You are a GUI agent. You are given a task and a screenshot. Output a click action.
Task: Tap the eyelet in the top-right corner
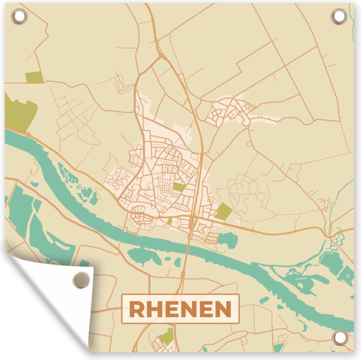coord(339,16)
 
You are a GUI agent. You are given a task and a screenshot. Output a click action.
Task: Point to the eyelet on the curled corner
coord(81,280)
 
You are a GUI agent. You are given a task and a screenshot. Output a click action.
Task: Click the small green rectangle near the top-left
coord(34,77)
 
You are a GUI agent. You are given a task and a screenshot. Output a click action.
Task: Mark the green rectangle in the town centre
coord(179,187)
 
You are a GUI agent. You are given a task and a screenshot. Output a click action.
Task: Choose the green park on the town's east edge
coord(224,211)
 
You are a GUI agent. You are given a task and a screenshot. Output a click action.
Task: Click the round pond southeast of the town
coord(228,240)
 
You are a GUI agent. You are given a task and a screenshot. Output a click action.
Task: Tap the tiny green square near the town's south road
coord(170,221)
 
